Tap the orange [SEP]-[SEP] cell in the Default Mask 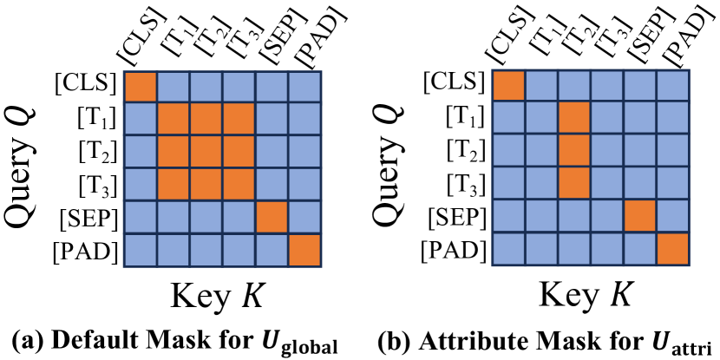[272, 216]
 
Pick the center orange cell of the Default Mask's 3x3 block [206, 152]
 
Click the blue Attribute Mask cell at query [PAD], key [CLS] [508, 249]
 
